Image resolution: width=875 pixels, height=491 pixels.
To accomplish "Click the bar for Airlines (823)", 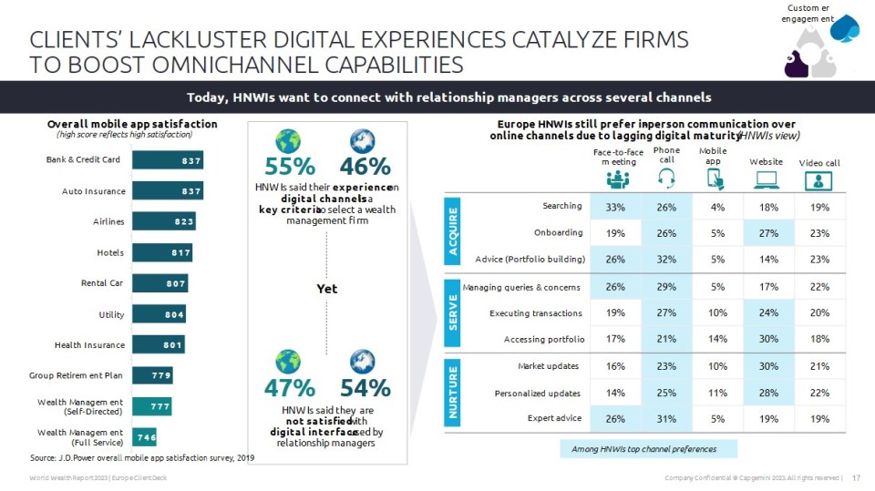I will point(164,221).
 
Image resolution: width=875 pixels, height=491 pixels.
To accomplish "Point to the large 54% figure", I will point(365,387).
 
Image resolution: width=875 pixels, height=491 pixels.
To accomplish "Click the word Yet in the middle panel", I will point(326,289).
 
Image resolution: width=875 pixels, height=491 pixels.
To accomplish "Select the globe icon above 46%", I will point(362,141).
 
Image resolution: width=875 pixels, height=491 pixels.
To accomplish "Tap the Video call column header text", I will point(818,162).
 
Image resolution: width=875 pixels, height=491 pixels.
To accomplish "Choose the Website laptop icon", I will point(766,179).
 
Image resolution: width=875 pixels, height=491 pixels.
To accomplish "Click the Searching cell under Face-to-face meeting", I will point(615,207).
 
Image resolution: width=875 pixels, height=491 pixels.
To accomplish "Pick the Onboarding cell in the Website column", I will point(766,232).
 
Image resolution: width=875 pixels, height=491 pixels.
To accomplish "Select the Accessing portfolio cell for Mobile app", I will point(717,340).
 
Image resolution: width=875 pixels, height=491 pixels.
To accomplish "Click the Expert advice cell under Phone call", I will point(666,418).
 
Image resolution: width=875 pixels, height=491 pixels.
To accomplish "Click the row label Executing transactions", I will point(535,313).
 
